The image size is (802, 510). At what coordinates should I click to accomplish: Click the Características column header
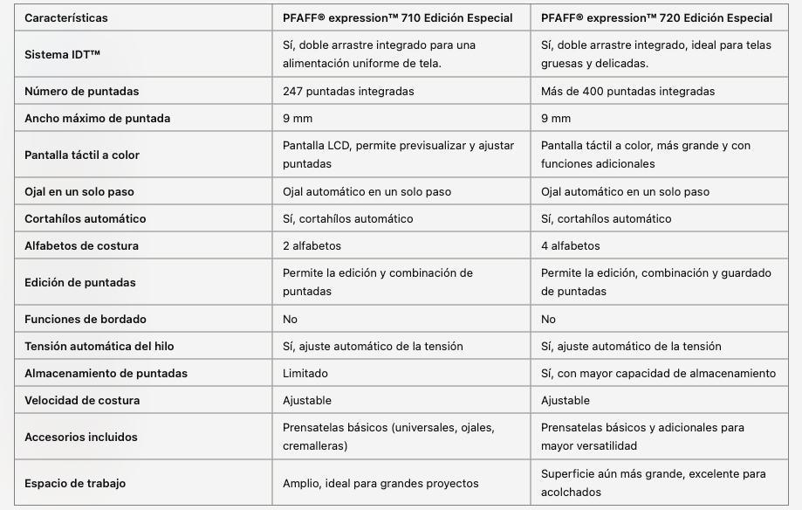coord(66,17)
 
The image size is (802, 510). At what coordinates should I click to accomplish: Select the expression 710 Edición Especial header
coord(397,17)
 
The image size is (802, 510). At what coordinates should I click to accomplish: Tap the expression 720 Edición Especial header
coord(656,17)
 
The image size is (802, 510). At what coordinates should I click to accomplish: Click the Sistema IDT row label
coord(63,54)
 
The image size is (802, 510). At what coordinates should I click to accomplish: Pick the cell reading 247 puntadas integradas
coord(348,91)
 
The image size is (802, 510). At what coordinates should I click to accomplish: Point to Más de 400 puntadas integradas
coord(627,91)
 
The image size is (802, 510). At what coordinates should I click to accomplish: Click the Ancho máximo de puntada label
coord(98,118)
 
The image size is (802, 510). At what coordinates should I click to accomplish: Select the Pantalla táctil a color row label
coord(82,155)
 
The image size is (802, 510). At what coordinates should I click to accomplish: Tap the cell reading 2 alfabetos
coord(312,245)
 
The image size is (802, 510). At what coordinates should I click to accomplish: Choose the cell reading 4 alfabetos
coord(570,245)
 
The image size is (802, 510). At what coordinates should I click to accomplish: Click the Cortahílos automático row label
coord(86,218)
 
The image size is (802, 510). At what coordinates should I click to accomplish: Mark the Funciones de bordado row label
coord(86,319)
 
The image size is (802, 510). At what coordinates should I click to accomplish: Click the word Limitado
coord(305,373)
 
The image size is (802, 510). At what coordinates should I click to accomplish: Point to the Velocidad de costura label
coord(82,400)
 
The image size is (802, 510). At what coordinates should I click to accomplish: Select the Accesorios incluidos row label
coord(81,437)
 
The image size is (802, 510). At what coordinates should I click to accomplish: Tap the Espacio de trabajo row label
coord(75,483)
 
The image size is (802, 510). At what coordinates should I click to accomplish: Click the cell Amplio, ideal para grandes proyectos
coord(380,483)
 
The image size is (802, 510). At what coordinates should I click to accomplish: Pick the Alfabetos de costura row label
coord(81,245)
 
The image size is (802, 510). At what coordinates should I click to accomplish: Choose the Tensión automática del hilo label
coord(99,346)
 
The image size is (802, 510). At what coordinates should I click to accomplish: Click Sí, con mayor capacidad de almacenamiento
coord(658,373)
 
